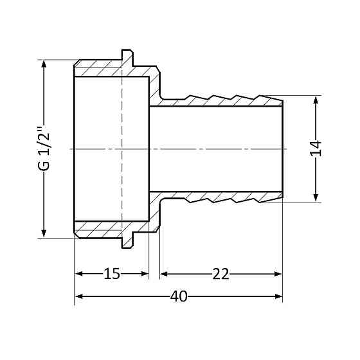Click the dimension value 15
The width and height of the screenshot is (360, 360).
pyautogui.click(x=112, y=274)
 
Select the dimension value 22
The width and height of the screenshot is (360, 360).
pyautogui.click(x=221, y=274)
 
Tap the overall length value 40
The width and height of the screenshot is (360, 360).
pyautogui.click(x=179, y=297)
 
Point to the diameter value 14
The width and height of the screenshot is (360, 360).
pyautogui.click(x=315, y=149)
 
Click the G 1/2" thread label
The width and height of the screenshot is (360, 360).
pyautogui.click(x=43, y=149)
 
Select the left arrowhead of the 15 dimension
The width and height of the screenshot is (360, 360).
pyautogui.click(x=79, y=274)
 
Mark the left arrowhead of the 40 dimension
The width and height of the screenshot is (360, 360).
pyautogui.click(x=79, y=297)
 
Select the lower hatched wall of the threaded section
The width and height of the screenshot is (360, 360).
pyautogui.click(x=103, y=228)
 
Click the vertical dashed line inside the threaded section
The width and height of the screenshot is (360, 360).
pyautogui.click(x=122, y=149)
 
